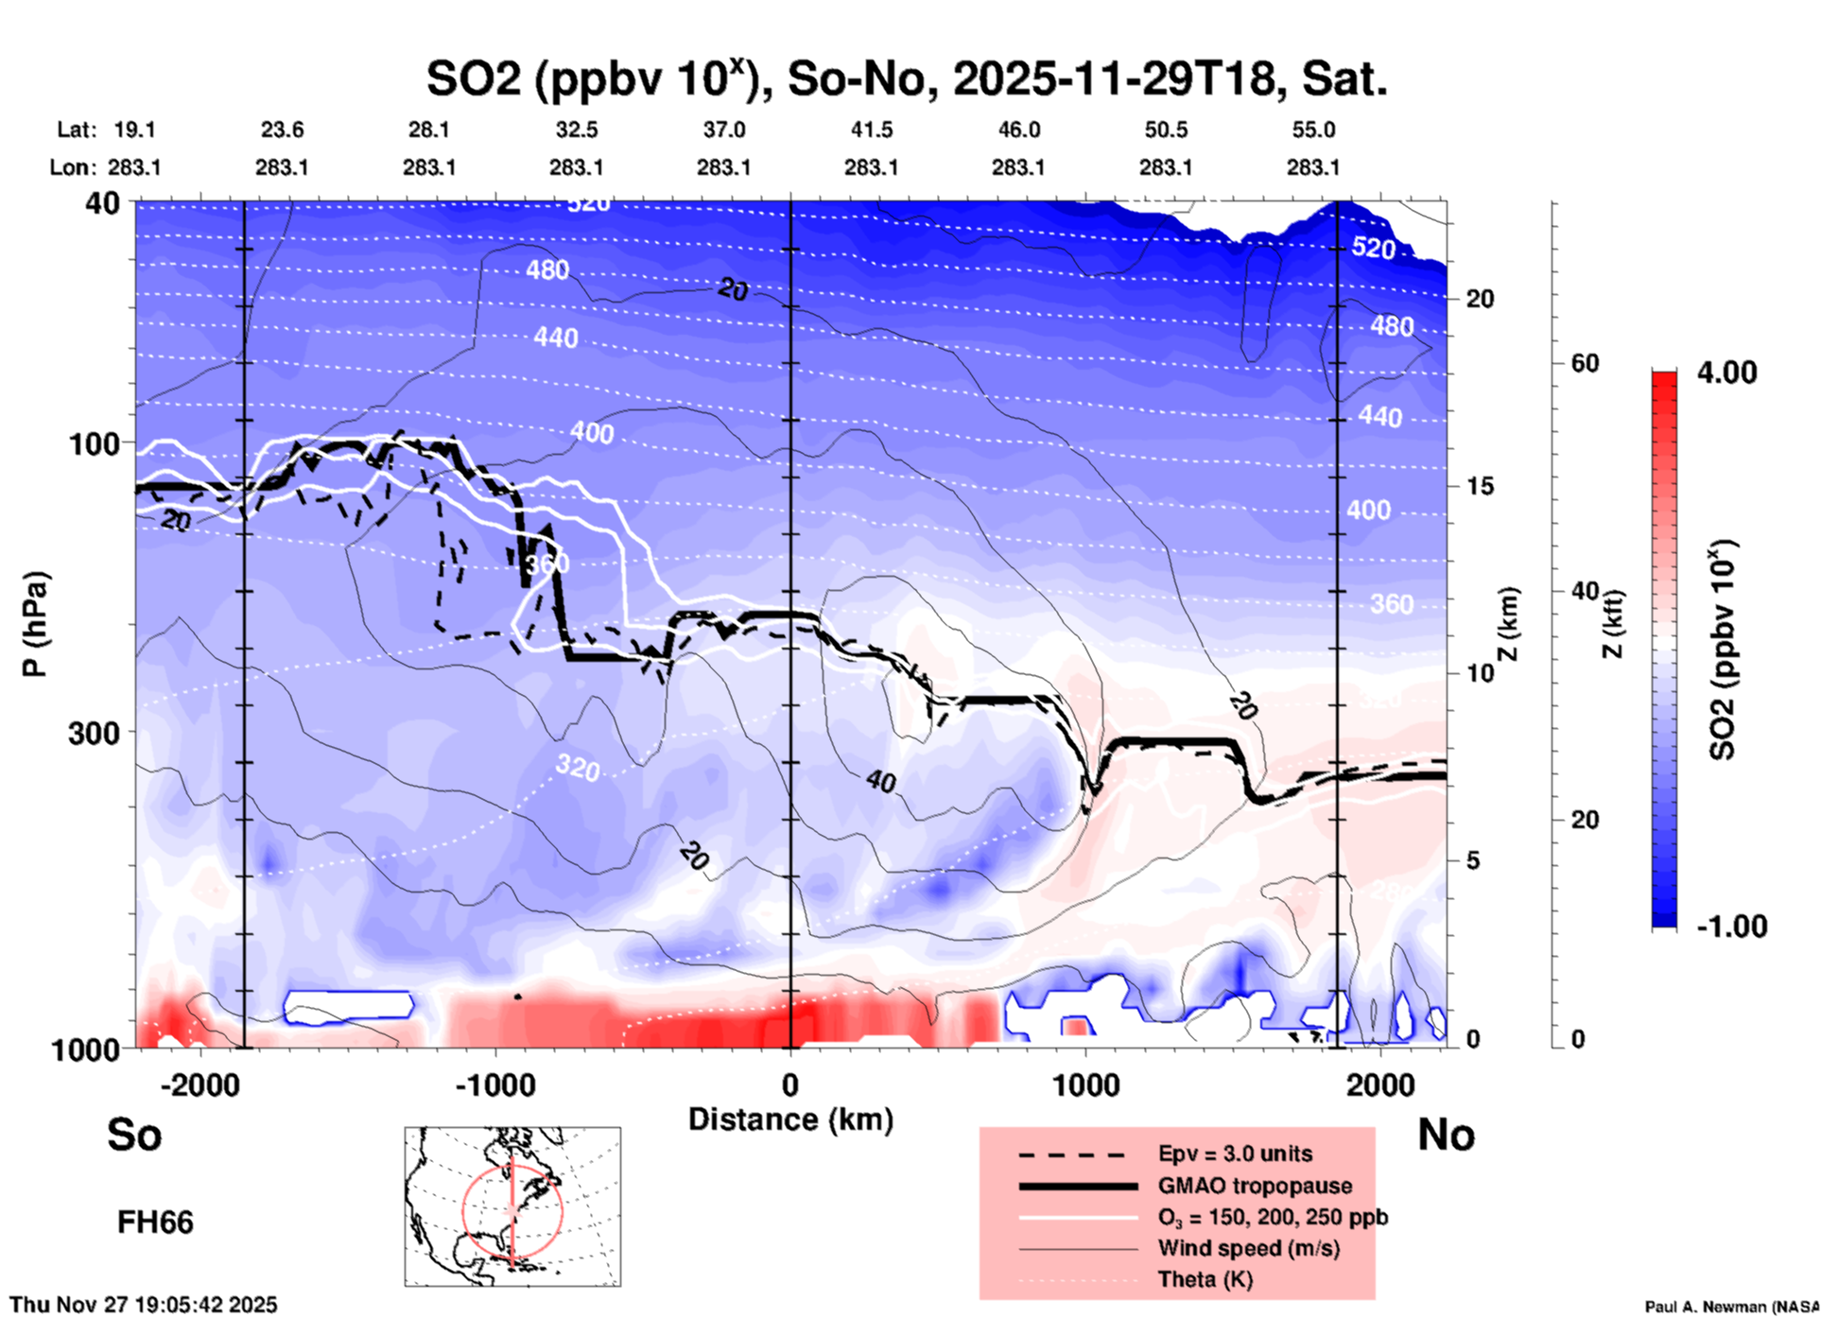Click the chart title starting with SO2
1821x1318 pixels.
click(906, 78)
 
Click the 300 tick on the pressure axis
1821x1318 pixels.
click(94, 733)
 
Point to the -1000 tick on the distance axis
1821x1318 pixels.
click(495, 1084)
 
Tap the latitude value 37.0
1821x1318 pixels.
click(723, 130)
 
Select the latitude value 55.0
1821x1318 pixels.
click(1312, 130)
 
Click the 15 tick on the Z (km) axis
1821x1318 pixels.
click(1480, 486)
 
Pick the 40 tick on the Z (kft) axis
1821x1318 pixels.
click(1585, 592)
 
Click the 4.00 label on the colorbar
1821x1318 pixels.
click(1726, 372)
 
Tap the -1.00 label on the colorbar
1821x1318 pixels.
click(1731, 926)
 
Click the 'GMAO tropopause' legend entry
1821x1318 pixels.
click(1254, 1186)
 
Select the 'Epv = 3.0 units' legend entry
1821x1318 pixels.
click(1234, 1153)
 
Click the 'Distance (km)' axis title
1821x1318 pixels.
click(790, 1119)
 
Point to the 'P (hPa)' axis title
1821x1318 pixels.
click(35, 624)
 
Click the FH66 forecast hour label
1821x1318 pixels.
click(155, 1223)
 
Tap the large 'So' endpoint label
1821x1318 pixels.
click(134, 1135)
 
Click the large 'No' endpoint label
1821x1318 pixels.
click(1446, 1135)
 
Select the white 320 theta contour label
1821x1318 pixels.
click(577, 767)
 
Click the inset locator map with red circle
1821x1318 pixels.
click(512, 1205)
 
